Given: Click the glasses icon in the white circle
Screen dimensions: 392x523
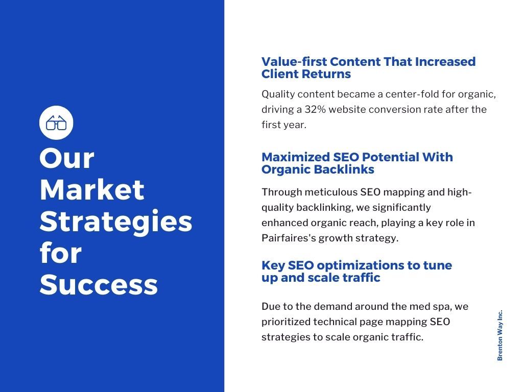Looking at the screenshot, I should point(56,122).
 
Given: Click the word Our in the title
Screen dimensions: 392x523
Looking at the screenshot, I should point(66,158).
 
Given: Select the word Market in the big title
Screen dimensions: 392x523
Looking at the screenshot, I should point(92,190).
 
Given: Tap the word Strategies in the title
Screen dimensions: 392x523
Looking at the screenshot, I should point(116,222).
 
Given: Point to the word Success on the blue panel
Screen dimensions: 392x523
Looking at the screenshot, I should point(99,285).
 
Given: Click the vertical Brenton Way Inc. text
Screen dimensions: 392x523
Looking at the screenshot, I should point(500,335).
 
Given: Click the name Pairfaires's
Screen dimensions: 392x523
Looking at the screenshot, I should point(289,238).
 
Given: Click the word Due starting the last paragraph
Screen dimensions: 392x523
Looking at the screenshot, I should point(270,307).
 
